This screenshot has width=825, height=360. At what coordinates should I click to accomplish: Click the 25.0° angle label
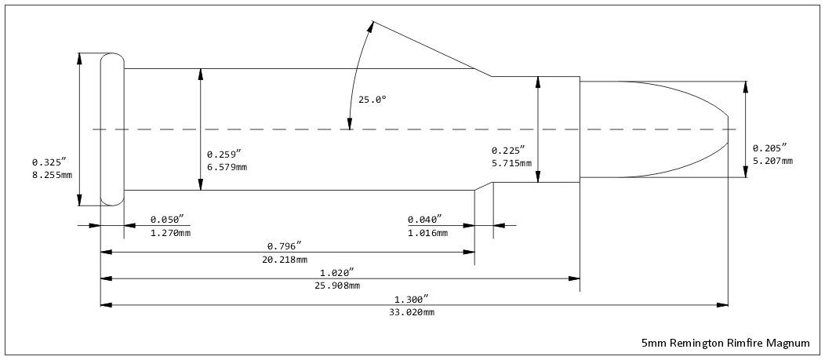click(x=373, y=100)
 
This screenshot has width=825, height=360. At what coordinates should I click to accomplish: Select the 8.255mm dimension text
click(x=52, y=174)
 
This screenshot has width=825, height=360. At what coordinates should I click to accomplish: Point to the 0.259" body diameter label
click(x=223, y=155)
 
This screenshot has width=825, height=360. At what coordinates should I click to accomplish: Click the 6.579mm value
click(x=227, y=167)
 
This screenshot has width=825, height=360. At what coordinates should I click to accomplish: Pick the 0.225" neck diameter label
click(x=507, y=151)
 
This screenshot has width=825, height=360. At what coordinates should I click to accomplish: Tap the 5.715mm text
click(x=511, y=163)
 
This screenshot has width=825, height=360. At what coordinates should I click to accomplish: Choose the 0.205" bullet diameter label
click(x=769, y=148)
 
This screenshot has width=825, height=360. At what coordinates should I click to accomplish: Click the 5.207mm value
click(x=772, y=161)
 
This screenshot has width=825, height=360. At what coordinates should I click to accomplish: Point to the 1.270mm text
click(x=170, y=233)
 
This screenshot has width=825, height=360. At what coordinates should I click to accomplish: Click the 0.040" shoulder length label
click(x=424, y=220)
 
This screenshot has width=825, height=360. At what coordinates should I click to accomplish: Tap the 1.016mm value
click(x=427, y=233)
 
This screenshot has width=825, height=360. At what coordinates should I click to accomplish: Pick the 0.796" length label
click(x=284, y=246)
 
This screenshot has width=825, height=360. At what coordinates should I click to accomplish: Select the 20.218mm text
click(x=285, y=260)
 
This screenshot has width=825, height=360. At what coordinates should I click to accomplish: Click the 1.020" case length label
click(x=336, y=273)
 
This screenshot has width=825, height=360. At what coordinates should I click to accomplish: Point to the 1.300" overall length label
click(x=412, y=300)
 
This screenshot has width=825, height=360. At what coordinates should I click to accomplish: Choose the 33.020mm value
click(x=412, y=313)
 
